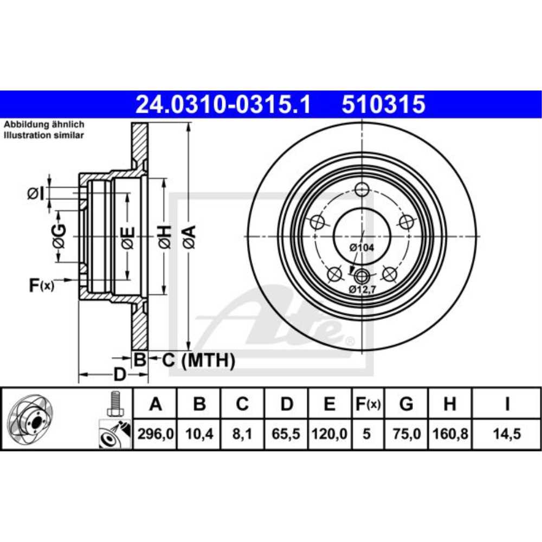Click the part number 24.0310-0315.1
[x=223, y=105]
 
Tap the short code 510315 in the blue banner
[x=383, y=105]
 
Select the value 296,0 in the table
[x=156, y=434]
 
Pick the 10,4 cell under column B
[x=199, y=434]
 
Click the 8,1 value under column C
[x=242, y=434]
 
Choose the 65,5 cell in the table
[x=286, y=434]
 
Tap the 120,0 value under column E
[x=330, y=434]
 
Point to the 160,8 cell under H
[x=450, y=434]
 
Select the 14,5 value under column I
[x=507, y=434]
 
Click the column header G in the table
[x=406, y=404]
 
